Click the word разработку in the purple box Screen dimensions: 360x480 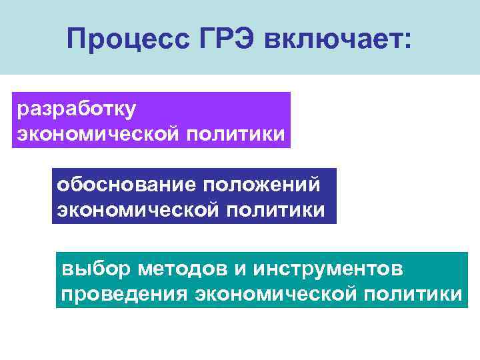pyautogui.click(x=76, y=108)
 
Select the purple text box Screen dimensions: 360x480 pyautogui.click(x=152, y=119)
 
